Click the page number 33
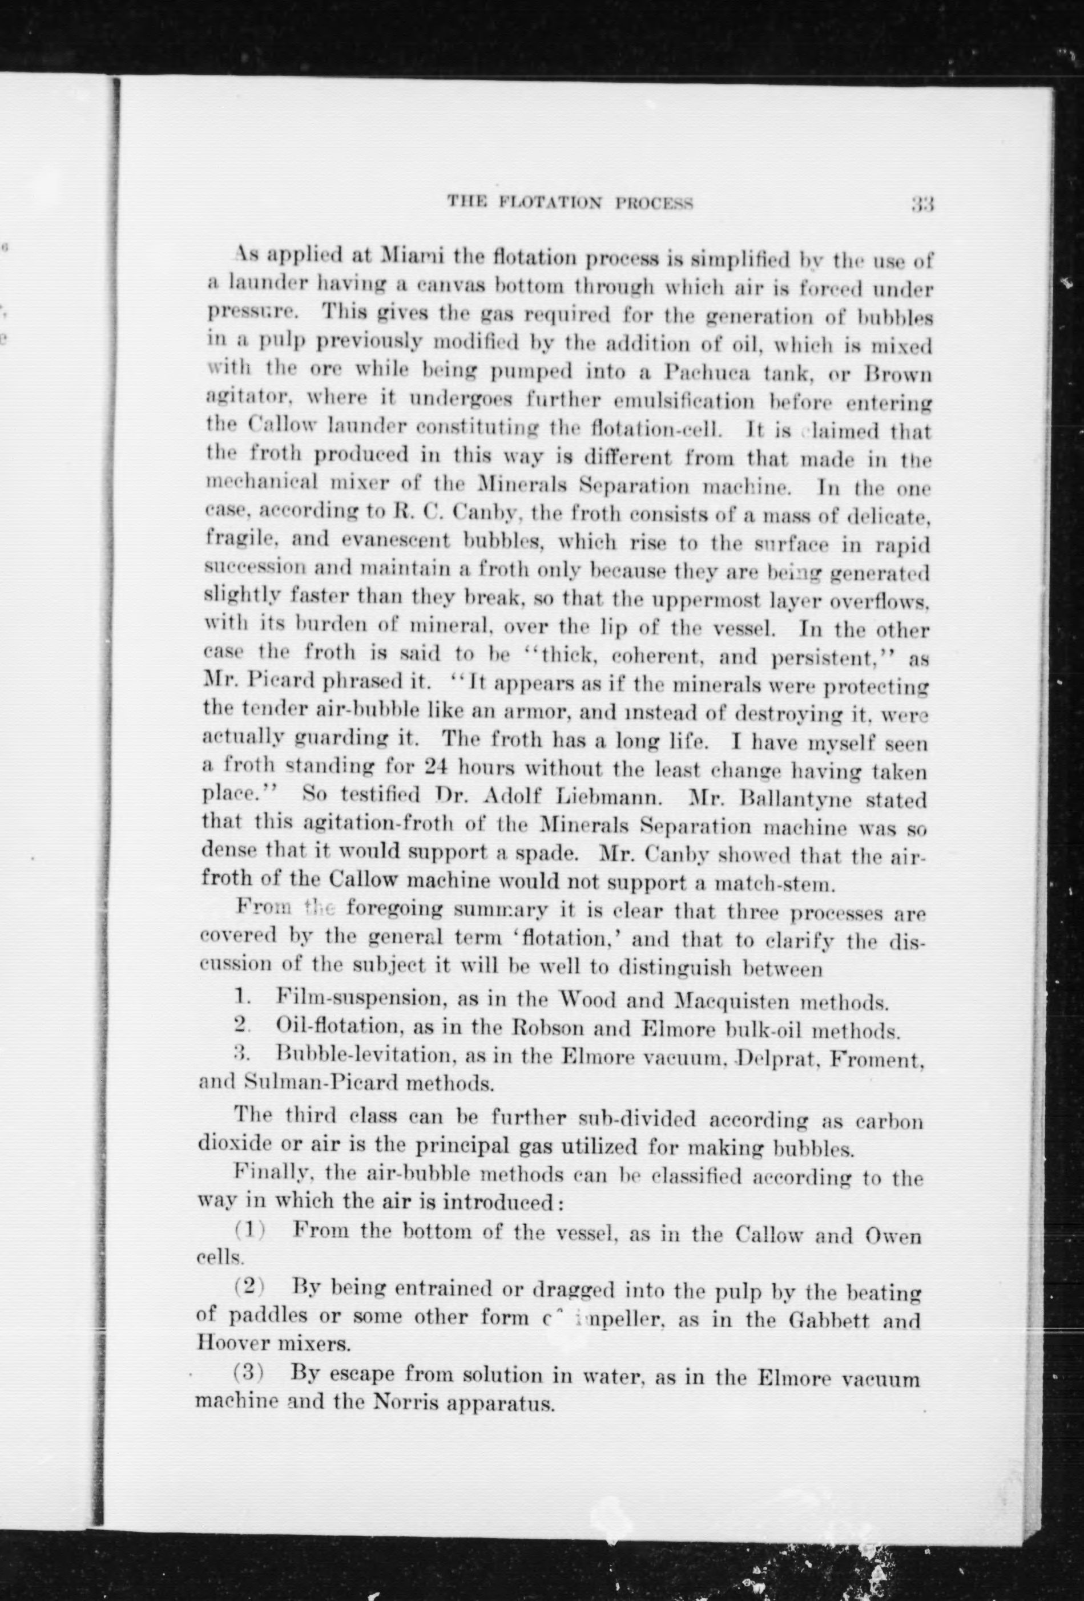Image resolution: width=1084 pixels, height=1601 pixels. coord(922,205)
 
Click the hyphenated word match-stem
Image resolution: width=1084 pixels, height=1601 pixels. coord(756,882)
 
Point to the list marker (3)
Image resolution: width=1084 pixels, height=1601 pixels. coord(249,1372)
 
